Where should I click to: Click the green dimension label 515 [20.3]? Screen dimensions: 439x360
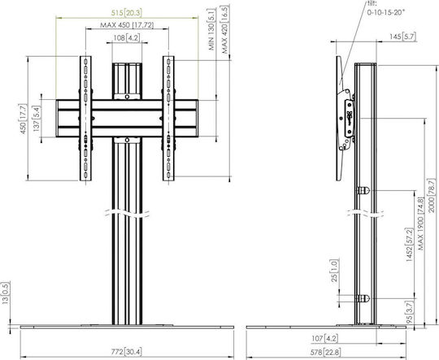127,13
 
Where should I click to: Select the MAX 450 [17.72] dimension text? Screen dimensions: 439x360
127,25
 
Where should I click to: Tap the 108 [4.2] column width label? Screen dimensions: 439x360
127,38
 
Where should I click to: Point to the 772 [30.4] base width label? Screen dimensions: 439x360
126,352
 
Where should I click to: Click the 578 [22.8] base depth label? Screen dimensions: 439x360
326,352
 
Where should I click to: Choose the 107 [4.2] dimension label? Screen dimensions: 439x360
324,339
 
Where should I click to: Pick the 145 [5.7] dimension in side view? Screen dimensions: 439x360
402,37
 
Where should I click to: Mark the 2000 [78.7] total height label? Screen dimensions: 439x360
432,195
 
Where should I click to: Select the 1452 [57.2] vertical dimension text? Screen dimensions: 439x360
409,245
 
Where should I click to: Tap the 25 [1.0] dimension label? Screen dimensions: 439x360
335,271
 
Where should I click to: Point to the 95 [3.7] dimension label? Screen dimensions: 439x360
409,311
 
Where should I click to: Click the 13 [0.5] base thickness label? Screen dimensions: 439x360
6,293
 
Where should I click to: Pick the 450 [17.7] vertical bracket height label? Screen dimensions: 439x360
23,119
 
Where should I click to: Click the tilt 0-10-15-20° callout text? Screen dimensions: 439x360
386,8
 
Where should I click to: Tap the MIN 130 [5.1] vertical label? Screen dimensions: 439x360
212,29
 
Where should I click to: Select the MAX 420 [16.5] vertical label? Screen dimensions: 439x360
224,29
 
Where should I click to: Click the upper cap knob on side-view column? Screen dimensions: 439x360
363,191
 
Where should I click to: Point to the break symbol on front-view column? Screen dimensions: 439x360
127,213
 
